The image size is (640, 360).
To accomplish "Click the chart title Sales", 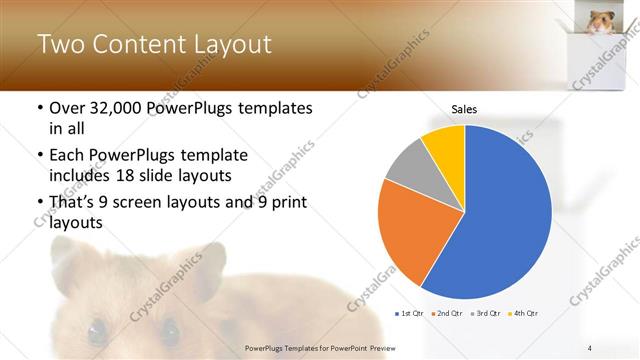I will coord(465,108).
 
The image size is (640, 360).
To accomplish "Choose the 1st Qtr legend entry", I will coord(411,313).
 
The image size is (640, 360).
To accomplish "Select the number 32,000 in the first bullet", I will coord(111,108).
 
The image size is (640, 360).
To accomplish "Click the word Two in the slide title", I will coord(59,45).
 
